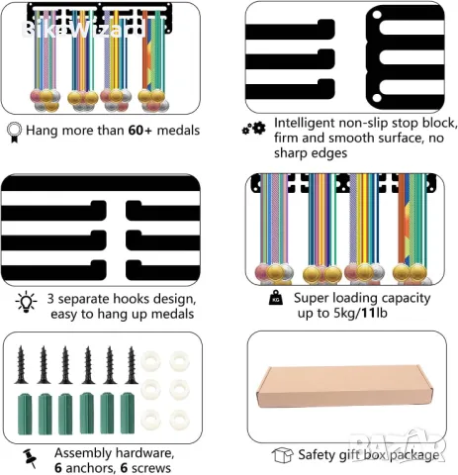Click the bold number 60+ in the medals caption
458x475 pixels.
pyautogui.click(x=139, y=131)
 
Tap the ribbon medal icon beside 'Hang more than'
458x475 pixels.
pyautogui.click(x=14, y=132)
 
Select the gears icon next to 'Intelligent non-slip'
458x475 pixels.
pyautogui.click(x=253, y=129)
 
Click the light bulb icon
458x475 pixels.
pyautogui.click(x=26, y=302)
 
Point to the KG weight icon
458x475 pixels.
pyautogui.click(x=276, y=298)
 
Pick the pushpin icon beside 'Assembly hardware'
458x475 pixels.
pyautogui.click(x=30, y=458)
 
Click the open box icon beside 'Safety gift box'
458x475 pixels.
pyautogui.click(x=283, y=455)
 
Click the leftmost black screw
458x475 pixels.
pyautogui.click(x=21, y=365)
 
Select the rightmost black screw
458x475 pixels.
pyautogui.click(x=132, y=365)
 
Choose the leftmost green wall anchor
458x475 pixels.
pyautogui.click(x=25, y=414)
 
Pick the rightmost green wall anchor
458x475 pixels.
pyautogui.click(x=128, y=413)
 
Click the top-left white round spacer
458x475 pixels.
pyautogui.click(x=150, y=361)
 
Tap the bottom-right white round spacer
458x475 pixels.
pyautogui.click(x=179, y=420)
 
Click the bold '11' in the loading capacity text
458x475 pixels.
pyautogui.click(x=368, y=313)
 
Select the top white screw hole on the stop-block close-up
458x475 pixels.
pyautogui.click(x=377, y=15)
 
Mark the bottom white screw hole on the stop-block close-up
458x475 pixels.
pyautogui.click(x=377, y=98)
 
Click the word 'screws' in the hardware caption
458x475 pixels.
pyautogui.click(x=150, y=468)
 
